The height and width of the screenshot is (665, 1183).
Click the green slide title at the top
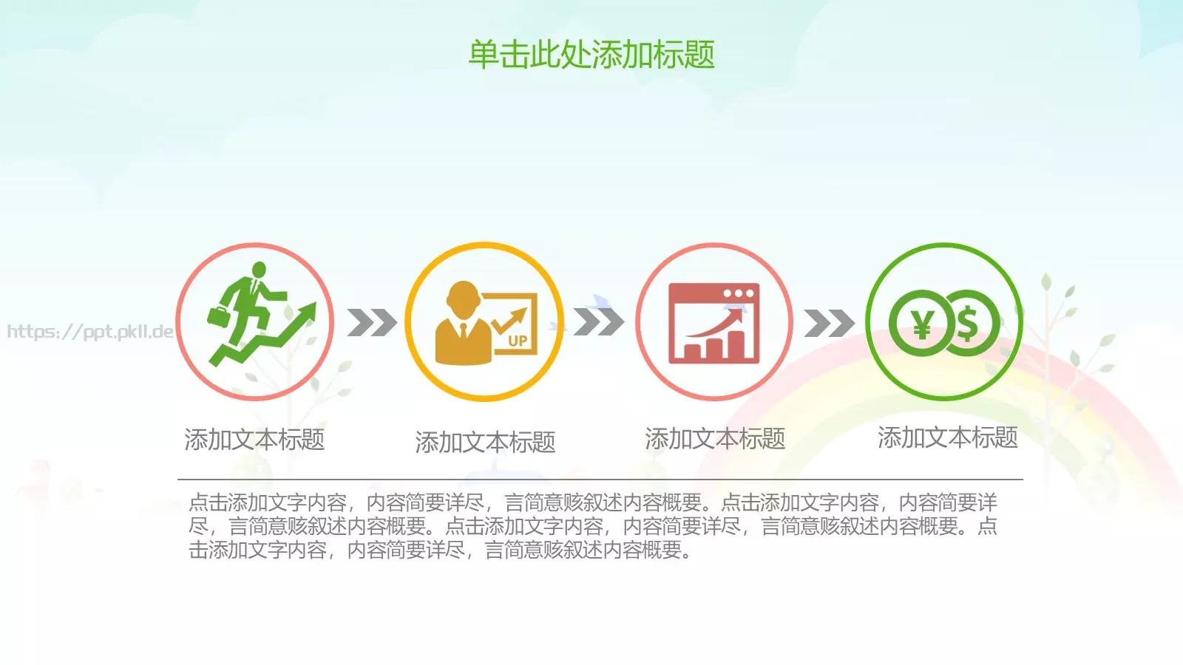pyautogui.click(x=591, y=55)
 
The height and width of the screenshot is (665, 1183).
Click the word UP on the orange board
pyautogui.click(x=518, y=341)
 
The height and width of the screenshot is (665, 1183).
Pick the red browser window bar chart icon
pyautogui.click(x=714, y=323)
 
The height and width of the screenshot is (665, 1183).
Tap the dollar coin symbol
pyautogui.click(x=969, y=323)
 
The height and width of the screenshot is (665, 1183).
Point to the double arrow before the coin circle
pyautogui.click(x=829, y=323)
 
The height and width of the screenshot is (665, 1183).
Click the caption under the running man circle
pyautogui.click(x=254, y=440)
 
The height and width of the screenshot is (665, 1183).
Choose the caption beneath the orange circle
pyautogui.click(x=485, y=442)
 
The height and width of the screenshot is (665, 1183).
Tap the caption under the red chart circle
pyautogui.click(x=715, y=439)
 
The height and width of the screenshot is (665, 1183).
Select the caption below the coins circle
pyautogui.click(x=947, y=437)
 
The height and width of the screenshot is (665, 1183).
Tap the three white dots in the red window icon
pyautogui.click(x=739, y=293)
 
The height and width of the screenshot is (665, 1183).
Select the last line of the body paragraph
pyautogui.click(x=441, y=550)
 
